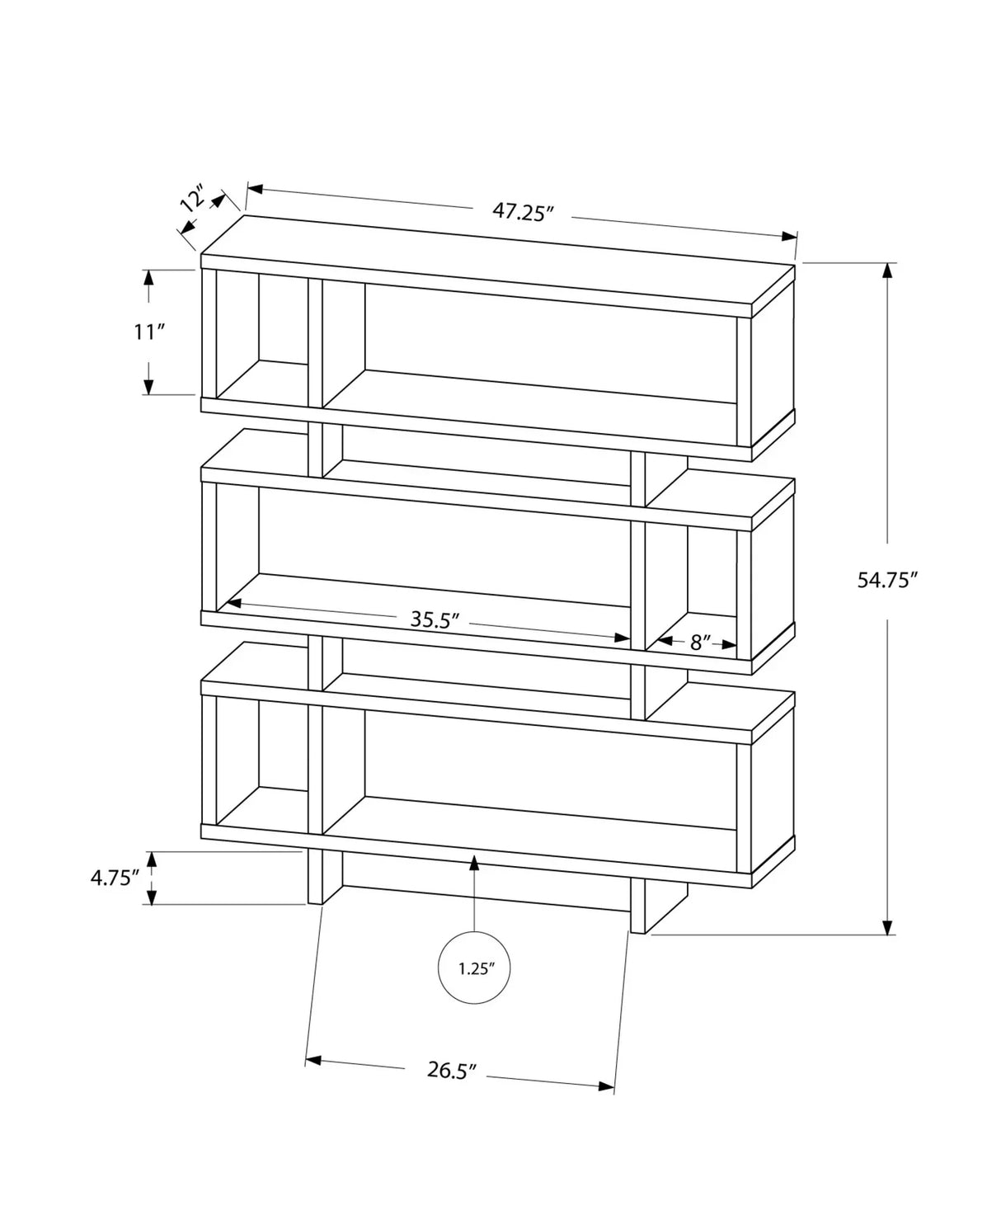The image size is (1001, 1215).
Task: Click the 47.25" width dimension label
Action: tap(521, 212)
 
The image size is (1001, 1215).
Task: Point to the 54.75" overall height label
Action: tap(887, 580)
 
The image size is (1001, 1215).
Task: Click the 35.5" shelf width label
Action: tap(434, 619)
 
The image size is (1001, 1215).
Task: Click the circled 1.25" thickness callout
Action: tap(474, 968)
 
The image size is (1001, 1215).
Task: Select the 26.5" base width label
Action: tap(453, 1070)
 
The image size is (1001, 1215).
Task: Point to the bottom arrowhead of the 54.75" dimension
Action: tap(887, 927)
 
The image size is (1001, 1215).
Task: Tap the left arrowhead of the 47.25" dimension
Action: tap(255, 189)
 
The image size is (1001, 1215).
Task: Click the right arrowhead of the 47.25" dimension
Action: tap(789, 237)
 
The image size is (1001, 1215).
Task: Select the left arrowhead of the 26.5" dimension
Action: tap(313, 1060)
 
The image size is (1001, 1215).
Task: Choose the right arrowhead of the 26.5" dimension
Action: tap(608, 1086)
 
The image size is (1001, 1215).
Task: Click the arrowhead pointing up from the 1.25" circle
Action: tap(474, 863)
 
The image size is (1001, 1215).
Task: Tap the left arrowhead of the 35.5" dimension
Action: tap(233, 604)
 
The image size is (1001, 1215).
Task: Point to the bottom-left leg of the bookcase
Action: tap(324, 879)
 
